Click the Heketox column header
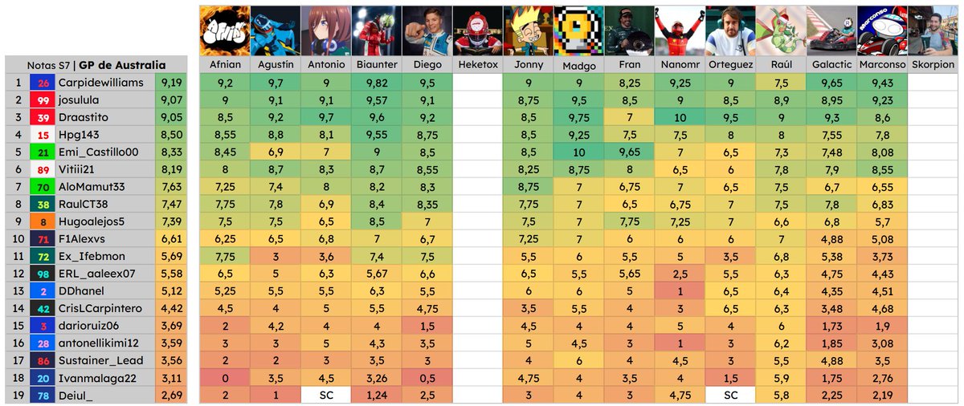(477, 64)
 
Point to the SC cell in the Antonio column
(325, 395)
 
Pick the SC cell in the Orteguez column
(729, 395)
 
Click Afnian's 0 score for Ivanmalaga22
(224, 377)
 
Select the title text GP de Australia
(122, 64)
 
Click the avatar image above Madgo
(578, 30)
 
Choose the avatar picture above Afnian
(224, 30)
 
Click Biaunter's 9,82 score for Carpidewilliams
(375, 82)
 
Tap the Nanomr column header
(679, 64)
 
